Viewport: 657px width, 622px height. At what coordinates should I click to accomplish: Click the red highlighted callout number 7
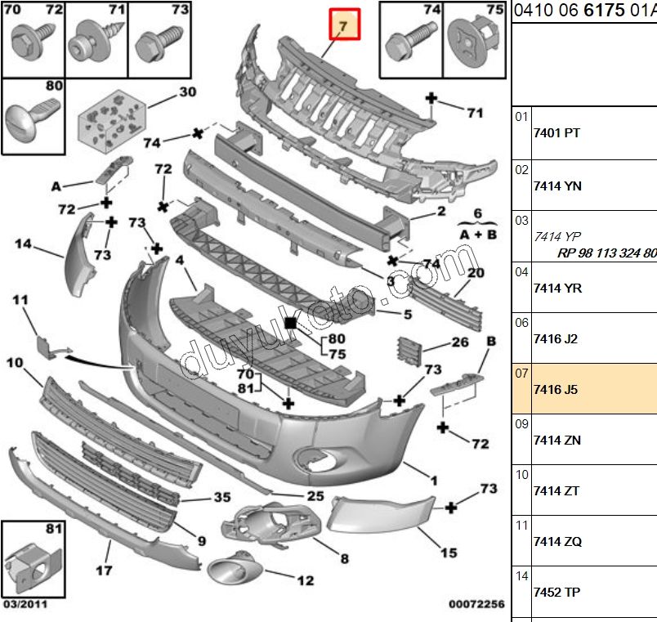coord(344,26)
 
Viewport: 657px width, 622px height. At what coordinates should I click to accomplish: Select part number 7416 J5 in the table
coord(555,390)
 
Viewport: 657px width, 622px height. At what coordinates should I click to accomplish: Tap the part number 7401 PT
coord(556,133)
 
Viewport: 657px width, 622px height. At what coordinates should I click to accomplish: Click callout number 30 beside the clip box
coord(188,92)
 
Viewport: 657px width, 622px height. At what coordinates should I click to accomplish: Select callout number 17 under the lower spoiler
coord(104,571)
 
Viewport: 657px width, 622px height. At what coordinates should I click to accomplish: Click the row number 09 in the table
coord(522,424)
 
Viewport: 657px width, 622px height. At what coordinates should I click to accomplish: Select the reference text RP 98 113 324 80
coord(606,253)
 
